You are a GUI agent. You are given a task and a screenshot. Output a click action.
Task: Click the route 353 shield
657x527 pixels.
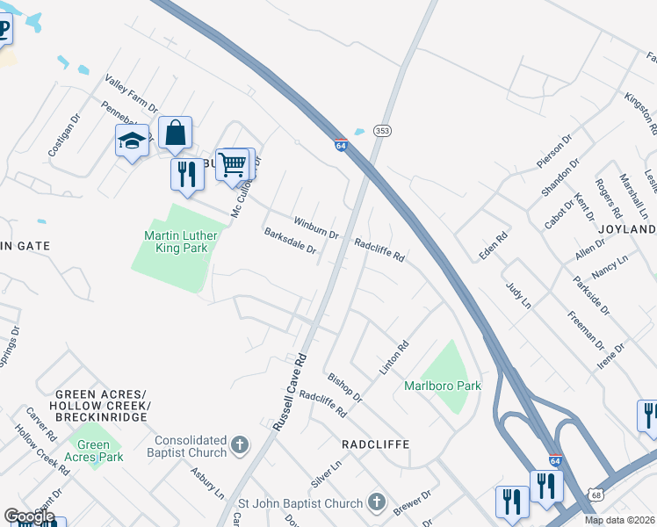tap(381, 130)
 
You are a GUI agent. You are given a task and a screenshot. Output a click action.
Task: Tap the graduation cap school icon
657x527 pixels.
tap(132, 141)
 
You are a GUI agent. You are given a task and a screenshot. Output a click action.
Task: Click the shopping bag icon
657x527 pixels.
tap(175, 133)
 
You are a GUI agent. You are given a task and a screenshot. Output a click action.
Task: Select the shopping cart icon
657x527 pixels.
tap(233, 163)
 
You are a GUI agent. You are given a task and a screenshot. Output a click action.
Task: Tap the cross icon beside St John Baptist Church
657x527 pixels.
tap(376, 503)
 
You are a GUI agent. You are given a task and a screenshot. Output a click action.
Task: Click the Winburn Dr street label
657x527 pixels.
tap(316, 227)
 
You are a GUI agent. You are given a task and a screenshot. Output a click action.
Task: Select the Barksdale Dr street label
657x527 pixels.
tap(290, 242)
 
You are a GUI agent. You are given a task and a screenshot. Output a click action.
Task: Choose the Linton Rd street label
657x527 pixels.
tap(394, 358)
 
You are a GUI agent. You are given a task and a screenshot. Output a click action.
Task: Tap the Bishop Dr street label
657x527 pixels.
tap(344, 386)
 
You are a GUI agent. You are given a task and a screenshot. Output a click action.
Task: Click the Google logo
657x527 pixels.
tap(29, 516)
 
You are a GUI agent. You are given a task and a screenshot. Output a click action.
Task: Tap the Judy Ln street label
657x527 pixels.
tap(519, 295)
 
